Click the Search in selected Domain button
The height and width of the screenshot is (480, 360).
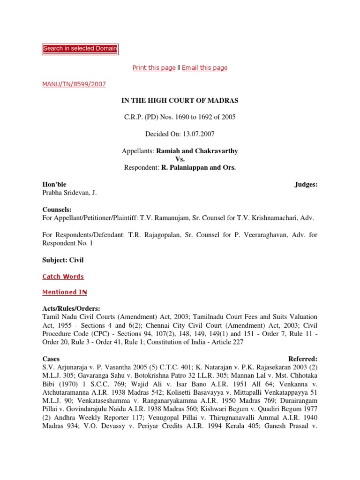[x=80, y=49]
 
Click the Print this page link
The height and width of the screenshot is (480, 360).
[x=154, y=68]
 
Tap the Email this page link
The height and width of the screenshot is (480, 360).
[x=204, y=68]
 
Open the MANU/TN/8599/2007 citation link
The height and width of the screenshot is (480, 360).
[x=74, y=84]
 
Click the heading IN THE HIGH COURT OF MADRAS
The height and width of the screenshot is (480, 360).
[x=180, y=101]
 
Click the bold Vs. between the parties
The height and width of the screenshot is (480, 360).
[x=180, y=159]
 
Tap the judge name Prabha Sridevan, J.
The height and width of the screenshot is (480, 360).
[x=69, y=193]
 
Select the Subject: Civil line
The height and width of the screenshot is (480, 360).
[x=63, y=259]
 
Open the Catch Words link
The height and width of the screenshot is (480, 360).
[x=63, y=277]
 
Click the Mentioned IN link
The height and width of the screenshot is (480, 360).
[x=65, y=292]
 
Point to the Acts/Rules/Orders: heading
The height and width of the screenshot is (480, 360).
[x=71, y=309]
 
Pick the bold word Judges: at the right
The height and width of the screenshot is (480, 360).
[x=306, y=184]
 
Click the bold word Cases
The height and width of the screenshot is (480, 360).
[x=51, y=359]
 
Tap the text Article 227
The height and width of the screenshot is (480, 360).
[x=227, y=342]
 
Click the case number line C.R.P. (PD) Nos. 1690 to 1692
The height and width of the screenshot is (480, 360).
[x=180, y=117]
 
